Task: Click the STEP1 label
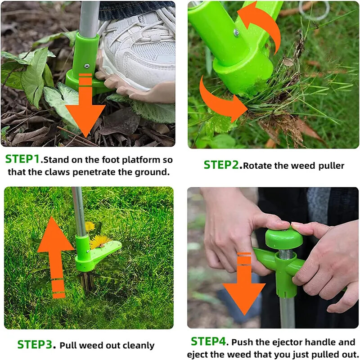[x=23, y=159]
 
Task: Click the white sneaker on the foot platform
[x=139, y=45]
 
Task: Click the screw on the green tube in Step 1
[x=86, y=66]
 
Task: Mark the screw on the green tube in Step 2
[x=236, y=32]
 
